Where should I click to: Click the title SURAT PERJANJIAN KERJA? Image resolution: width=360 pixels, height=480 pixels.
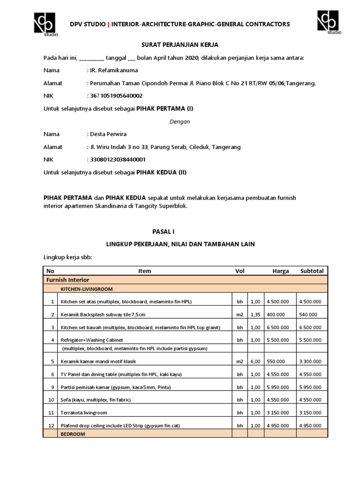point(180,45)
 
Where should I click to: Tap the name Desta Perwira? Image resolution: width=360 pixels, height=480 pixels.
point(107,134)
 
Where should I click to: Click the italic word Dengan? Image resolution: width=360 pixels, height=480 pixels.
point(180,121)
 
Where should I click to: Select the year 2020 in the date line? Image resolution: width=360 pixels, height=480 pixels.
point(191,58)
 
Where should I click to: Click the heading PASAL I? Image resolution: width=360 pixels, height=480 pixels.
point(180,232)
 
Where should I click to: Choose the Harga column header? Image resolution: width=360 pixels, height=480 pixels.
point(280,271)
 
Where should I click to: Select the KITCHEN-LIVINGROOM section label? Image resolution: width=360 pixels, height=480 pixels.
point(85,289)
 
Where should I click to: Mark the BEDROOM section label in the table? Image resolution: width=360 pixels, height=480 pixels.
point(72,435)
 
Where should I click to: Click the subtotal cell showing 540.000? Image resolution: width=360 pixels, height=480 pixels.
point(307,314)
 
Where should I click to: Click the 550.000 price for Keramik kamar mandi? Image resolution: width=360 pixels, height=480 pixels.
point(276,362)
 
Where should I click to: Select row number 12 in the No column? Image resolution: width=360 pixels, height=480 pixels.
point(50,426)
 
